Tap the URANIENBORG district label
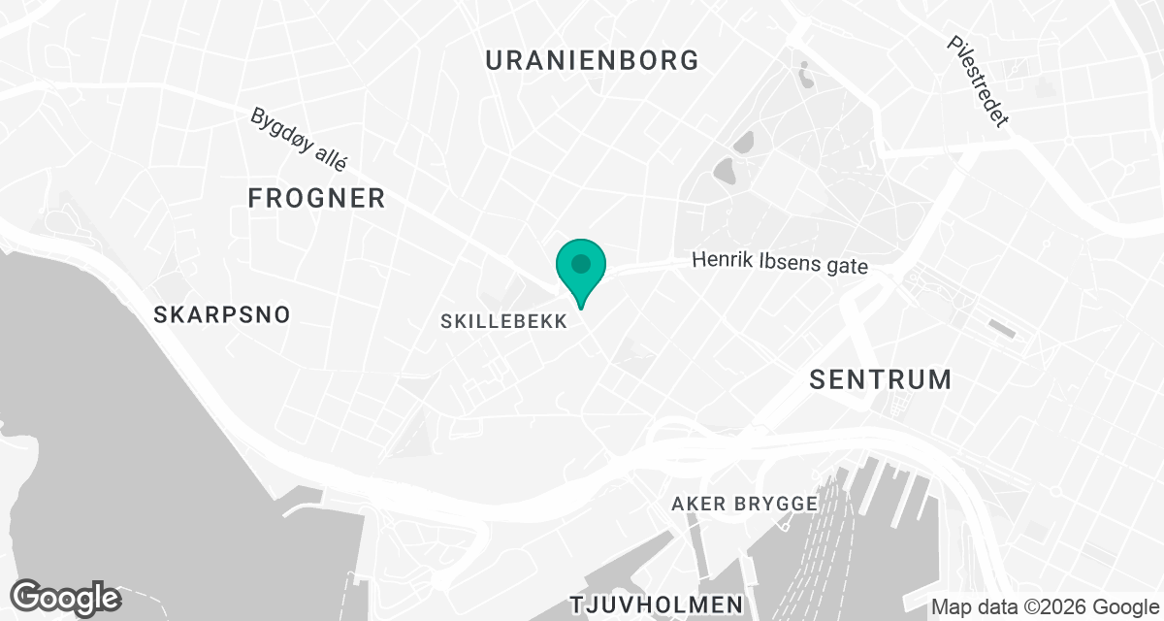click(x=592, y=60)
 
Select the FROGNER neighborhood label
click(x=316, y=199)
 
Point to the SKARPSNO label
click(x=222, y=315)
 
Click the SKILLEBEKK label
click(x=503, y=322)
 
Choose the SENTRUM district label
click(x=881, y=379)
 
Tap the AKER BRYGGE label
click(x=745, y=505)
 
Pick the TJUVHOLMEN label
click(x=657, y=604)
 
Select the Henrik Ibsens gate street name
click(x=779, y=263)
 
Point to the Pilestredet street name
click(x=980, y=82)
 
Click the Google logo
click(x=65, y=598)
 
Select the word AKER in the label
click(x=696, y=505)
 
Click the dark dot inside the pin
click(x=581, y=263)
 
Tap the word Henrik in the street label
click(x=718, y=261)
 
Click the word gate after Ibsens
click(x=844, y=265)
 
